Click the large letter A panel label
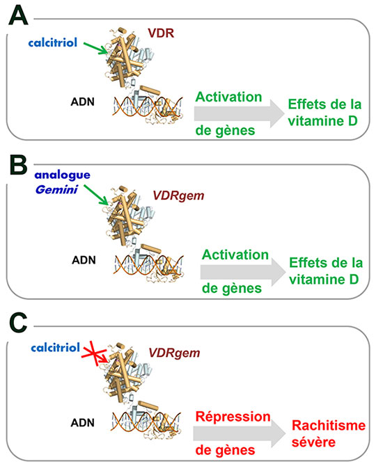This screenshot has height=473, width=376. coord(18,15)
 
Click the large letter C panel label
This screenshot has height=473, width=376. coord(18,323)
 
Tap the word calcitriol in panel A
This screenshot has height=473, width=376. coord(53,42)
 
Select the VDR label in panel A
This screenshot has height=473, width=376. coord(161,33)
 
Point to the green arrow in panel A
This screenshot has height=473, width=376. coord(95,48)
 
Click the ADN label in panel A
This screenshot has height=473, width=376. coord(82,102)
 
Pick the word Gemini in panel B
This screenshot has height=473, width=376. coord(56,190)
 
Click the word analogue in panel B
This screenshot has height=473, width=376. coord(62,175)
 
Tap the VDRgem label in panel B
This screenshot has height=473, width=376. coord(178,195)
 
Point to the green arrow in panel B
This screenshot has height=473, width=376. coord(96,195)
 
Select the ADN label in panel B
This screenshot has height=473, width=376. coord(84,259)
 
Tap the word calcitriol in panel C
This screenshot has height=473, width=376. coord(56,348)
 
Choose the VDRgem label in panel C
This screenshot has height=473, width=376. coord(174,353)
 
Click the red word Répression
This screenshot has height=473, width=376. coord(233,417)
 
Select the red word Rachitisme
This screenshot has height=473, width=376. coord(329,426)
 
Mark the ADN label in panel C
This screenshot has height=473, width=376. coord(82,423)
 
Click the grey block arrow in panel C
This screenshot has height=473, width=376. coord(240,433)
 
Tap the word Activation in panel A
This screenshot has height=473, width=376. coord(228,97)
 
